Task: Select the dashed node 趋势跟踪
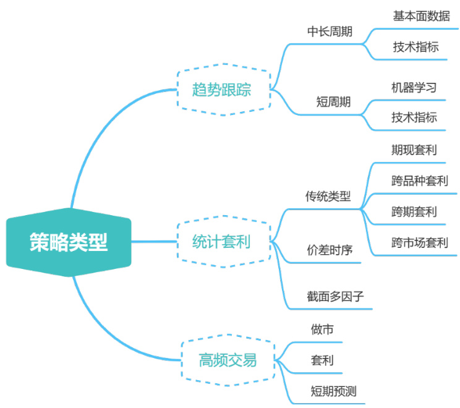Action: pyautogui.click(x=222, y=89)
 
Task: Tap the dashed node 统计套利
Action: pyautogui.click(x=221, y=241)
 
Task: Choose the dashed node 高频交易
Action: pyautogui.click(x=228, y=360)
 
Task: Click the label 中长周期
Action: pyautogui.click(x=330, y=32)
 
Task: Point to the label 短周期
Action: pyautogui.click(x=333, y=102)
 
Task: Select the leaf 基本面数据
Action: pyautogui.click(x=421, y=16)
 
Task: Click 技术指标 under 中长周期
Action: pyautogui.click(x=415, y=47)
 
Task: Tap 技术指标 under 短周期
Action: pyautogui.click(x=414, y=117)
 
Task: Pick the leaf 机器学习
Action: pyautogui.click(x=414, y=87)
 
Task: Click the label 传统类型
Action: pyautogui.click(x=328, y=197)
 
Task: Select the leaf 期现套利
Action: pyautogui.click(x=414, y=150)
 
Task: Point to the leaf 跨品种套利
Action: pyautogui.click(x=419, y=181)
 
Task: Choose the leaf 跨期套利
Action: pyautogui.click(x=414, y=212)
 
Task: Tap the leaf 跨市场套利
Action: pyautogui.click(x=419, y=242)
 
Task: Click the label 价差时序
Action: pyautogui.click(x=330, y=250)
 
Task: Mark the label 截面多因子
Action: pyautogui.click(x=335, y=296)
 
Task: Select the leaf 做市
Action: pyautogui.click(x=322, y=330)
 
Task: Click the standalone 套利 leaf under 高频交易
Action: pyautogui.click(x=322, y=360)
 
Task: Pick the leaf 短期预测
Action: pyautogui.click(x=333, y=391)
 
